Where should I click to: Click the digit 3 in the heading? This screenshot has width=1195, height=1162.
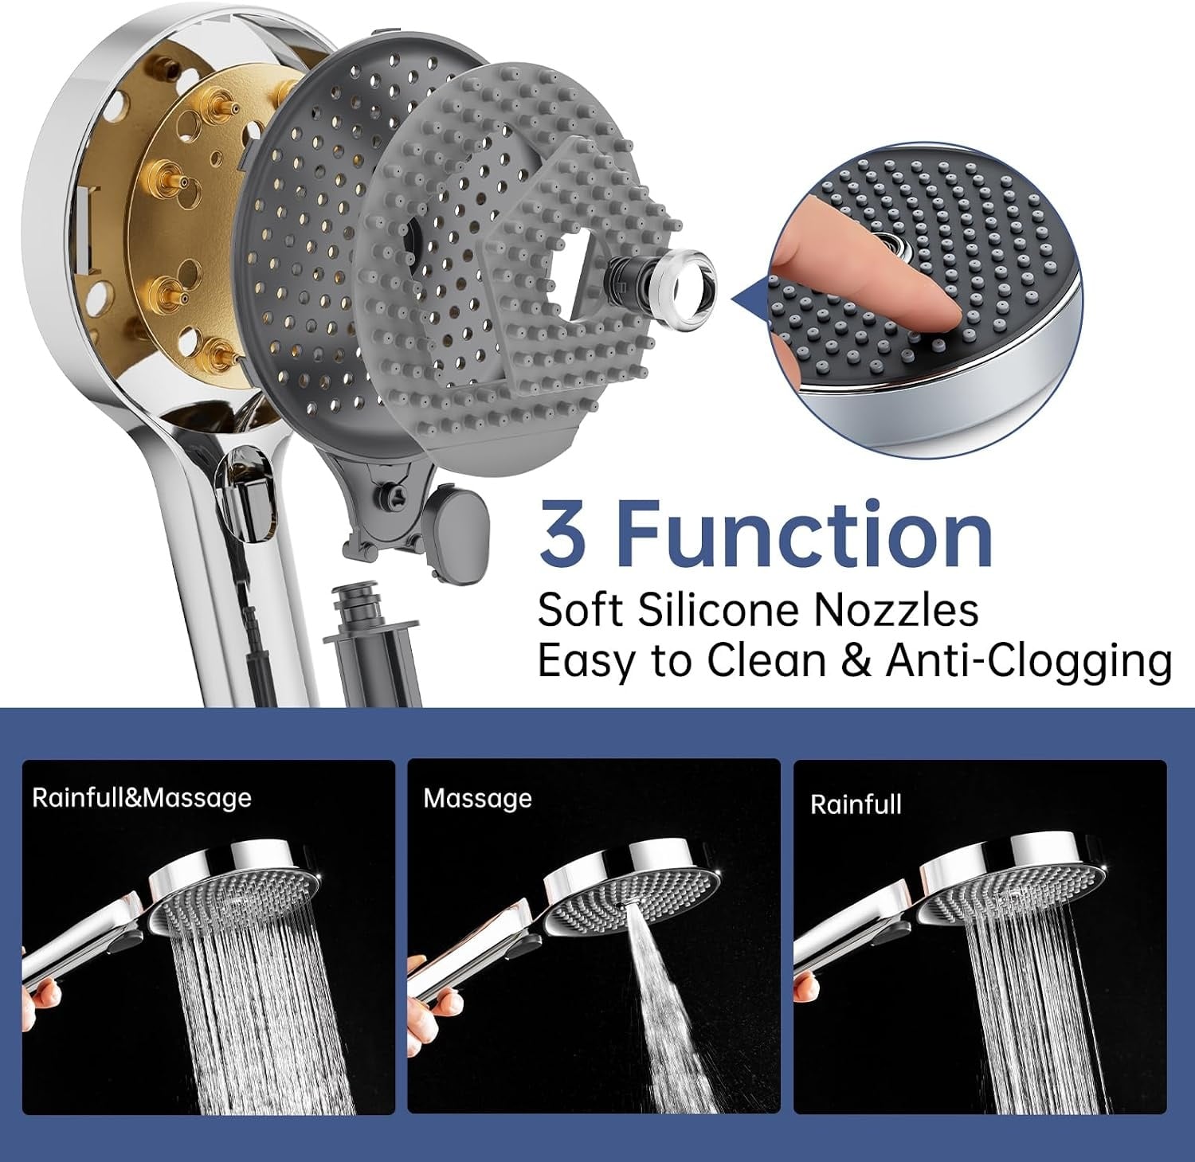(x=563, y=531)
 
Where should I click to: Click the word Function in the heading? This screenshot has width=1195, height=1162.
(x=805, y=530)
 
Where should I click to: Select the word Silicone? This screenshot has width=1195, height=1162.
(x=719, y=611)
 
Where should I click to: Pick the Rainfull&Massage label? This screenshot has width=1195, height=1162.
(x=142, y=798)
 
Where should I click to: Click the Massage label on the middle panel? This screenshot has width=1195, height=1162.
(x=477, y=798)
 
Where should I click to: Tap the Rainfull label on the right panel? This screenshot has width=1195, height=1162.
(x=856, y=804)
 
